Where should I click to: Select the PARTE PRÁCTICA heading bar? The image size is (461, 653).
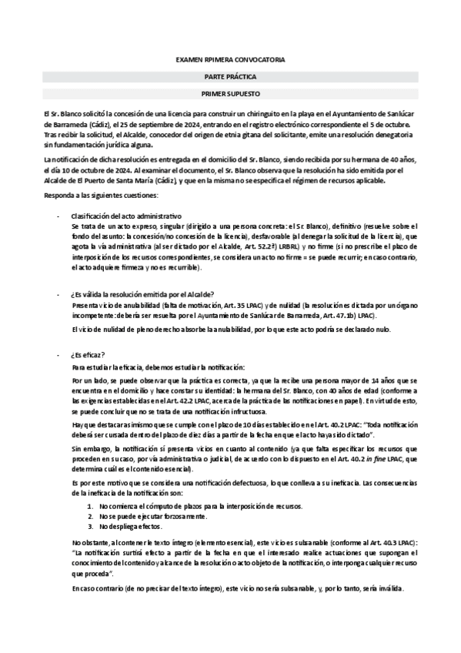230,77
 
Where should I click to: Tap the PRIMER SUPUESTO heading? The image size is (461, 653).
230,95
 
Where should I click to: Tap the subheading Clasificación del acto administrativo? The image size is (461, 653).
126,218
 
